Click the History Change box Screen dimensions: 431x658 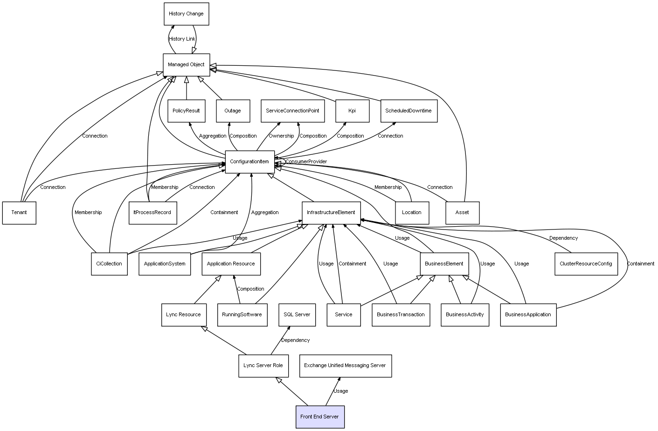[x=186, y=14]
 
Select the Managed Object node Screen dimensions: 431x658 [x=186, y=65]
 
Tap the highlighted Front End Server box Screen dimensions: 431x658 [x=320, y=417]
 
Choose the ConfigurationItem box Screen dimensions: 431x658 [x=249, y=162]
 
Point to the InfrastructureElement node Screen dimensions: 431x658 [x=331, y=213]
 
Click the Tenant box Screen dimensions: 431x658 [x=19, y=213]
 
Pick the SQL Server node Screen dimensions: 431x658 [x=297, y=314]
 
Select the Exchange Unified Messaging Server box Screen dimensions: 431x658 [x=345, y=366]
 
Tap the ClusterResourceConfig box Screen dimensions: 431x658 [x=586, y=264]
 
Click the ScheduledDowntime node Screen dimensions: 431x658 [x=409, y=111]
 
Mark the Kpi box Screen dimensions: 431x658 [x=352, y=111]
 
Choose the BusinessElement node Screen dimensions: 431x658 [x=444, y=264]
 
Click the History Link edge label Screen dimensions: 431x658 [x=182, y=39]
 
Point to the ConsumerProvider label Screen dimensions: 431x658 [x=306, y=162]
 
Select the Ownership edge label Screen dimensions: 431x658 [x=281, y=136]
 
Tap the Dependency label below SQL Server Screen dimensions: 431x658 [x=295, y=341]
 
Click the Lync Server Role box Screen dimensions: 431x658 [x=263, y=366]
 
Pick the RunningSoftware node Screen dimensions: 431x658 [x=242, y=314]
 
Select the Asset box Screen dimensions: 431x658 [x=462, y=213]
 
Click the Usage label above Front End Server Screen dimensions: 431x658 [x=340, y=391]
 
